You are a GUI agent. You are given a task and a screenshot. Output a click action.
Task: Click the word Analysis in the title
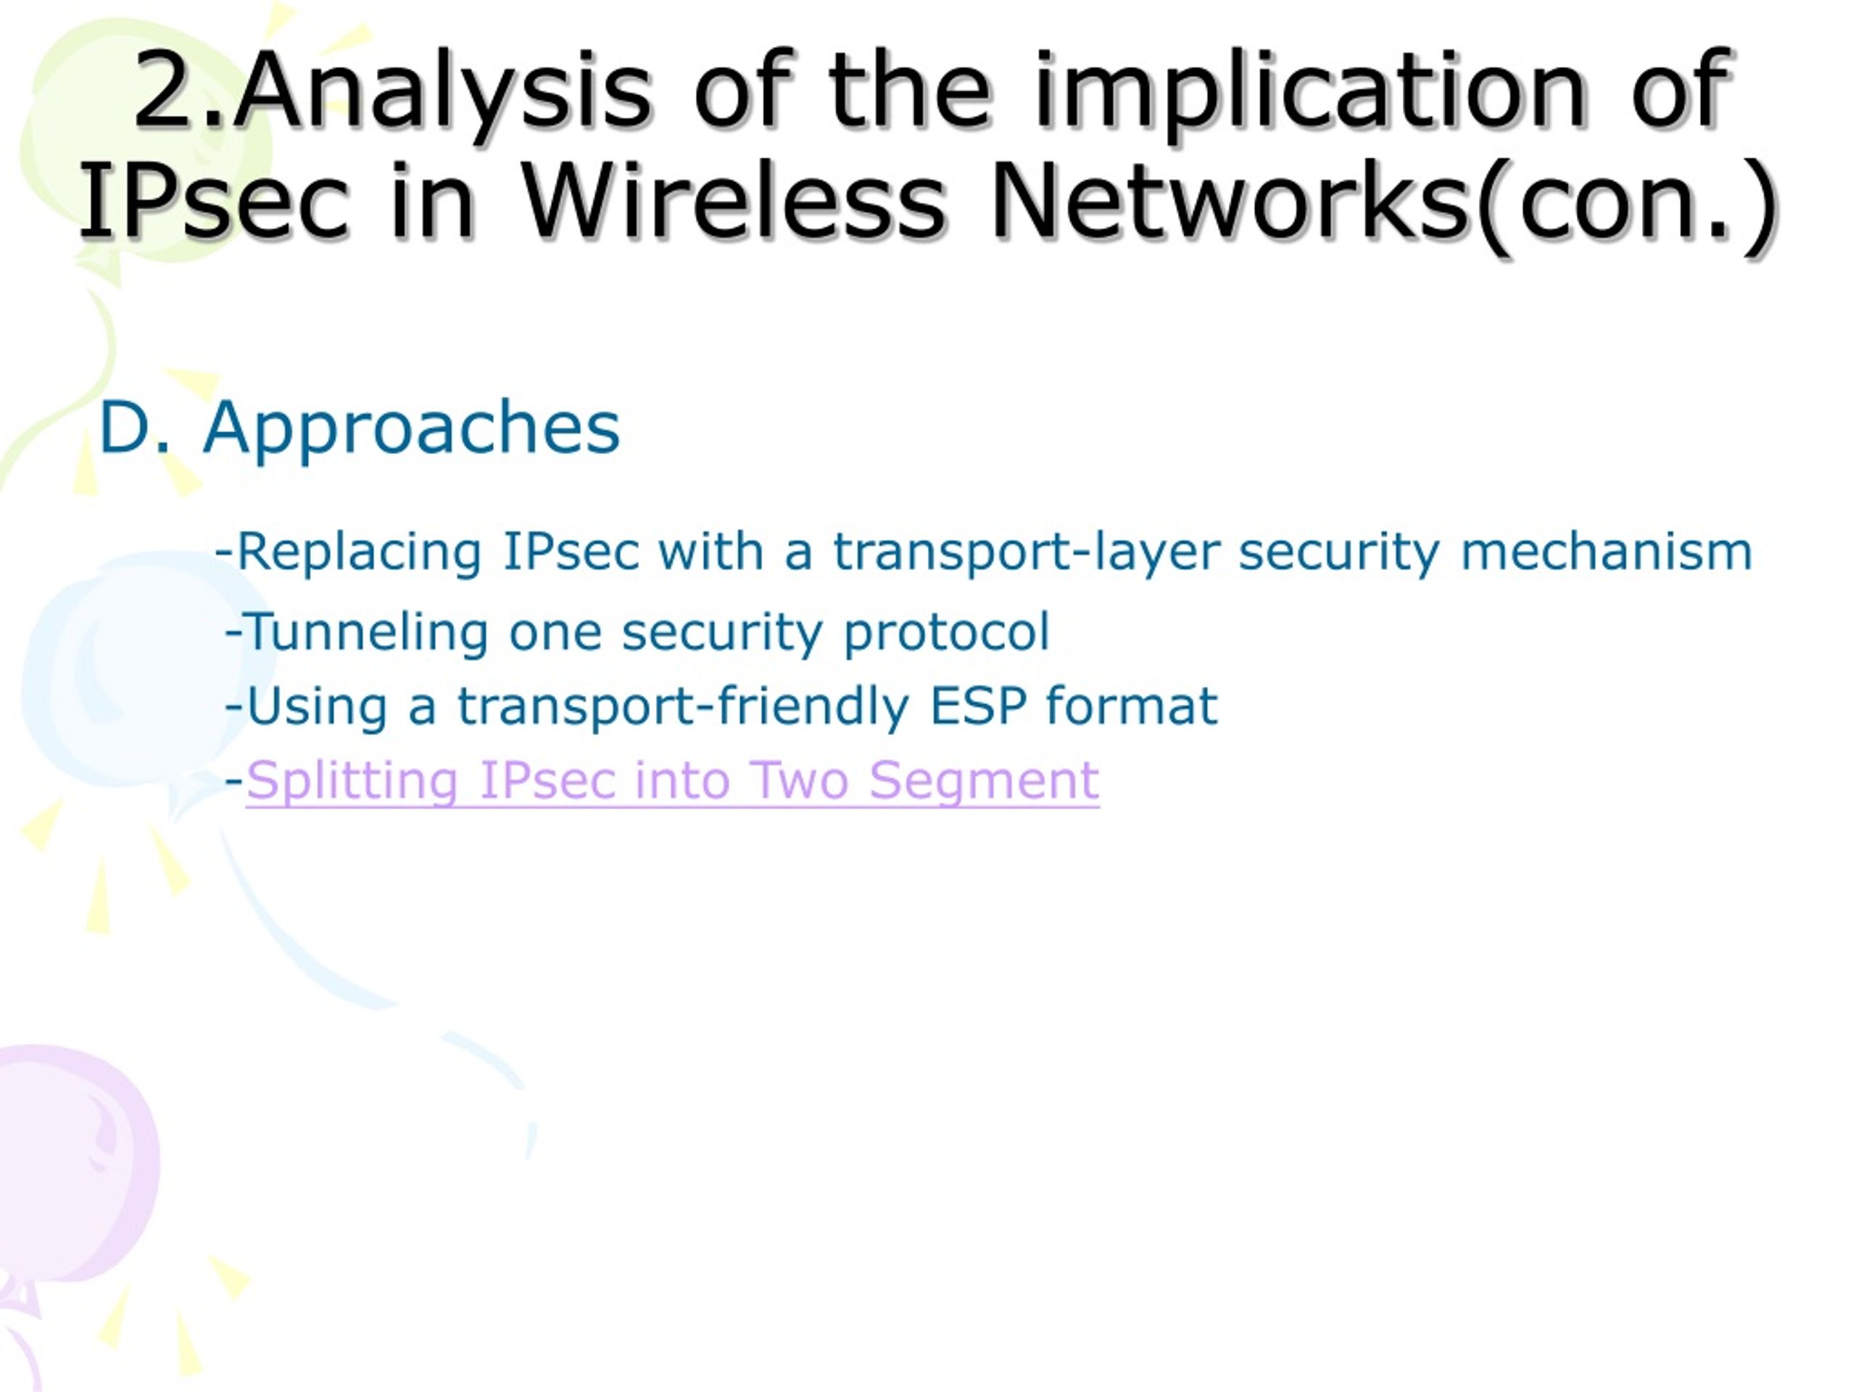coord(442,92)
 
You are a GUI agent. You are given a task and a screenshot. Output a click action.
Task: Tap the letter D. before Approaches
coord(134,428)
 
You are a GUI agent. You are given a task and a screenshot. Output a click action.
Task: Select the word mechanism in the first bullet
coord(1606,553)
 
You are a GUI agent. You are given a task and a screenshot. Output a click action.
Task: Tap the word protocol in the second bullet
coord(945,631)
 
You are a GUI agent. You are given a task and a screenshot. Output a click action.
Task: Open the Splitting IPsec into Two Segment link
coord(671,780)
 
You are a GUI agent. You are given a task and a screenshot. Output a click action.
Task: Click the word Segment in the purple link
coord(983,780)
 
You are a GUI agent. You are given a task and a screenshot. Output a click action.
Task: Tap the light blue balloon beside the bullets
coord(126,671)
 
